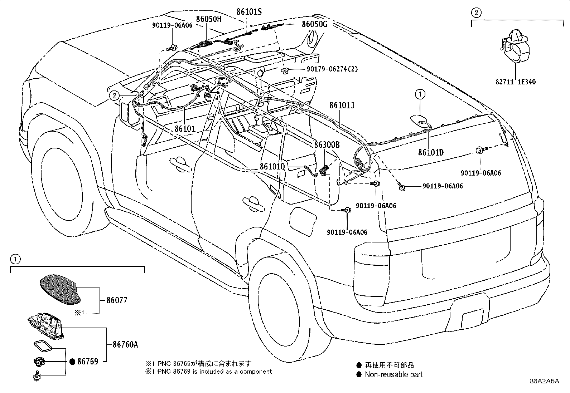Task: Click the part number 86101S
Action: click(249, 12)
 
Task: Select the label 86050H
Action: click(209, 19)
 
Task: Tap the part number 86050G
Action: click(314, 24)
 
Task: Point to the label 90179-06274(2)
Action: click(332, 69)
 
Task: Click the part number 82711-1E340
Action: click(516, 82)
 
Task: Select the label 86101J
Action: click(342, 105)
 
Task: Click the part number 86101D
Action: click(431, 152)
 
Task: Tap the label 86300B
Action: click(327, 144)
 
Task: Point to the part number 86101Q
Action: click(272, 167)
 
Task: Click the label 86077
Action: click(117, 300)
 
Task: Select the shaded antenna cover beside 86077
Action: click(61, 289)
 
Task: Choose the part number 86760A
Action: click(125, 344)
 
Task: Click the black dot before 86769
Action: click(72, 362)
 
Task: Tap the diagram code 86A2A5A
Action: click(545, 381)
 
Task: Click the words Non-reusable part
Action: click(393, 374)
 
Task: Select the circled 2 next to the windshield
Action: click(114, 95)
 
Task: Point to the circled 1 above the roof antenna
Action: click(420, 94)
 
